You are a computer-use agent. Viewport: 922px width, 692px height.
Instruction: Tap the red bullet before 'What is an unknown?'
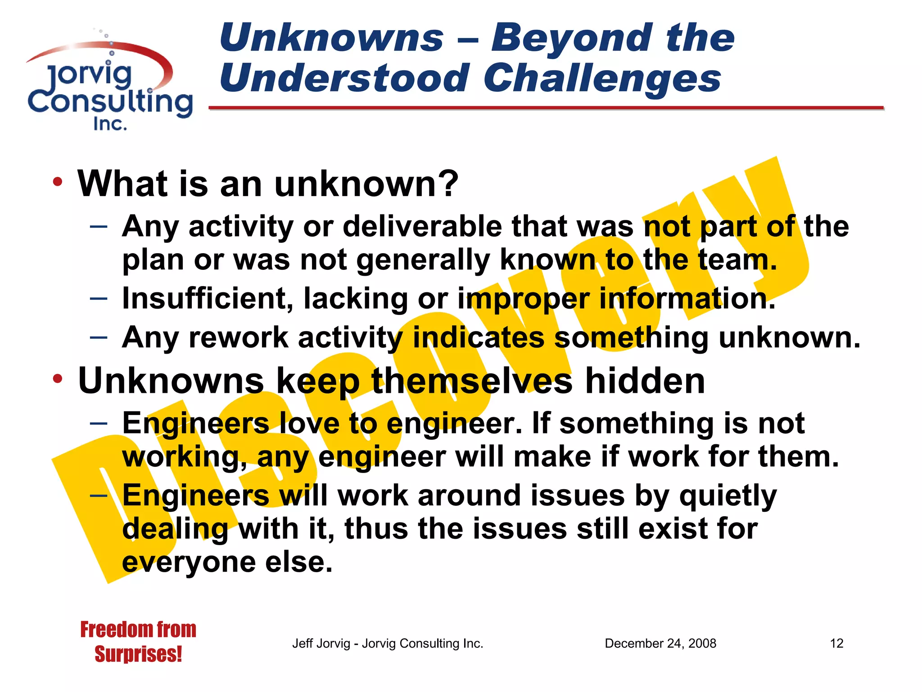[x=57, y=182]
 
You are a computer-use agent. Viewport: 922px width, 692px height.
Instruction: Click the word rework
[x=238, y=337]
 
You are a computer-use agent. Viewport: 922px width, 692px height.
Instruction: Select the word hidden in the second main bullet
[x=645, y=381]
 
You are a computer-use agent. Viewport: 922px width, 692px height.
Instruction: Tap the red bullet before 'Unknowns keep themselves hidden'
[x=57, y=379]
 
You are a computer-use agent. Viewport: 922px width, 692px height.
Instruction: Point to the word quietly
[x=728, y=496]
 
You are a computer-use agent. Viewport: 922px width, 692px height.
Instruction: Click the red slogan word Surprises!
[x=138, y=654]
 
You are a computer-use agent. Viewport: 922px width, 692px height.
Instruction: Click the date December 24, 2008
[x=660, y=643]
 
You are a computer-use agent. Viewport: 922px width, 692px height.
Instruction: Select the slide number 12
[x=836, y=643]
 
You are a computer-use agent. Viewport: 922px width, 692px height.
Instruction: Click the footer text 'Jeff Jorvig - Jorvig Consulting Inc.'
[x=388, y=643]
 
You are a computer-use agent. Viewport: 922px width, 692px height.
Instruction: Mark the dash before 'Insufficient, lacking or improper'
[x=99, y=298]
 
